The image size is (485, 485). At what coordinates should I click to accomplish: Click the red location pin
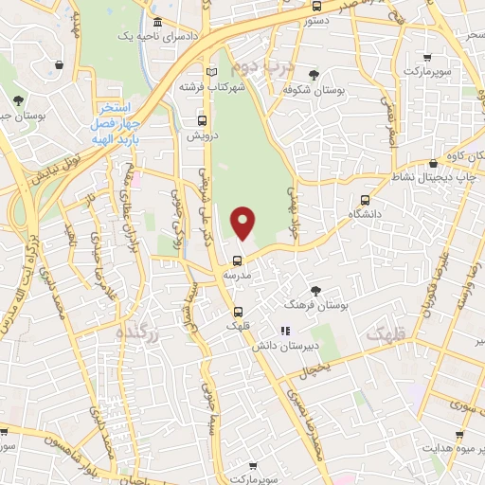(x=243, y=224)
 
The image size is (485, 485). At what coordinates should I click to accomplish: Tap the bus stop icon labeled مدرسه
(x=238, y=260)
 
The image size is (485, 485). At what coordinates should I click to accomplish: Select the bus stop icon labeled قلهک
(x=237, y=311)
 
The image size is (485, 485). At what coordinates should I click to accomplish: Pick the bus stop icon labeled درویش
(x=201, y=120)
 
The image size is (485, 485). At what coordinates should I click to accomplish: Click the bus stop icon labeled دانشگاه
(x=365, y=201)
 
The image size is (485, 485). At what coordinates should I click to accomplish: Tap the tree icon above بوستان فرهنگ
(x=315, y=291)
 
